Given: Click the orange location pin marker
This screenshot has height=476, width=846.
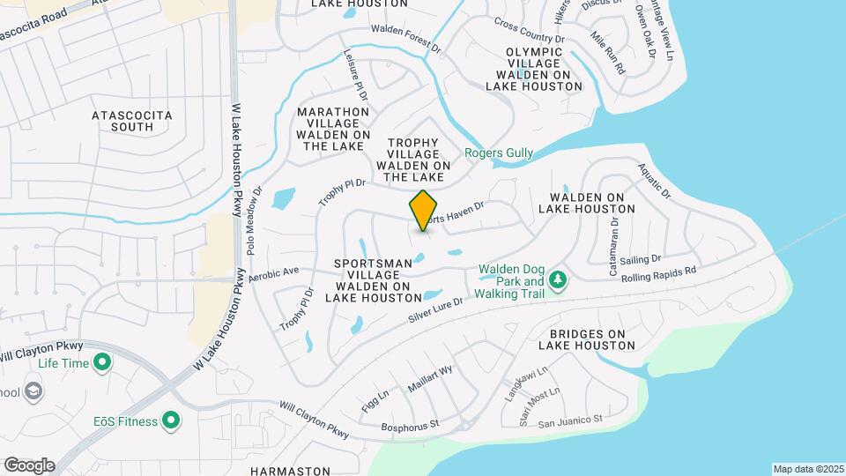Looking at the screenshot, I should point(424,211).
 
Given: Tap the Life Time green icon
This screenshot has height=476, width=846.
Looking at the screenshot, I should point(103,362).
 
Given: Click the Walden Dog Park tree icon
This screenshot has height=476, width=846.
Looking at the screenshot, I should point(557,279).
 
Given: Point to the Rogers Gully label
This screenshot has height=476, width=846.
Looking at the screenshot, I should point(499,153).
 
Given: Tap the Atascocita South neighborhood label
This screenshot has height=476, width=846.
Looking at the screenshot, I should point(132,121).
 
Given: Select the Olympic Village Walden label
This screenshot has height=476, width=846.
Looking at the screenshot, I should point(534,69).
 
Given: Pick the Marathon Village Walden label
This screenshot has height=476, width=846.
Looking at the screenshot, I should point(332,129).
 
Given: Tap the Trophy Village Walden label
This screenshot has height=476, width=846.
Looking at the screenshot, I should point(413,159).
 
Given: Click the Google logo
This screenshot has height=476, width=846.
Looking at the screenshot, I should point(29,465).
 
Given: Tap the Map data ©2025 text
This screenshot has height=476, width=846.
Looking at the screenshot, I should point(805,469).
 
